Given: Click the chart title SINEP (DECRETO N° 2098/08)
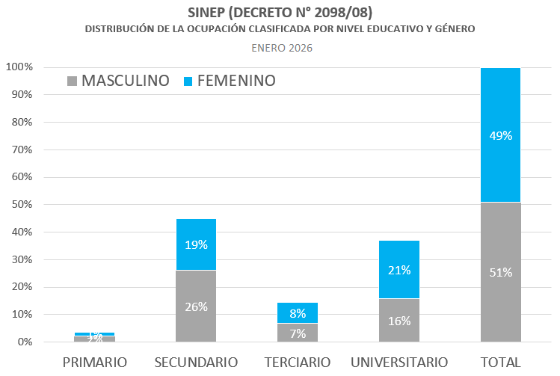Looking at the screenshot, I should point(280,13).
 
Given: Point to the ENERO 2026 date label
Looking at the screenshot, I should point(281,48).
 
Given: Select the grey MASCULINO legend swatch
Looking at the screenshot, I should point(72,81).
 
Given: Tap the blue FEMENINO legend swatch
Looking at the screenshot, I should point(188,81).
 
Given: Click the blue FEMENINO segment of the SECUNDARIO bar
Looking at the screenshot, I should point(195,244).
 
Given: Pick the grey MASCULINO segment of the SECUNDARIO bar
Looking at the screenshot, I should point(195,306).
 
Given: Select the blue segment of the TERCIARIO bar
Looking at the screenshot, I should point(297,312).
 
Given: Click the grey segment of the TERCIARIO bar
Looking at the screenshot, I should point(297,333).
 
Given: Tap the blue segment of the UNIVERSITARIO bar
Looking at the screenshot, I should point(399,269).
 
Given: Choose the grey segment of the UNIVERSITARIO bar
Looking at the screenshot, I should point(399,320).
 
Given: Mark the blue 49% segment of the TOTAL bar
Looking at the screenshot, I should point(500,135).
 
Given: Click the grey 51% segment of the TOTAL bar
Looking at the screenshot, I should point(500,272).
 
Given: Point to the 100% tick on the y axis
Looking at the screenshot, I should point(19,67).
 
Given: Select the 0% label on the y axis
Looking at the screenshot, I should point(25,342).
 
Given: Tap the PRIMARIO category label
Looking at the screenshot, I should point(94,363).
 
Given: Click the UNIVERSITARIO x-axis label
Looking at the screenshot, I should point(399,363).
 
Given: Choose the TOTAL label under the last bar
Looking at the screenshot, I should point(500,363).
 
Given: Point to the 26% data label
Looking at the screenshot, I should point(196,306).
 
